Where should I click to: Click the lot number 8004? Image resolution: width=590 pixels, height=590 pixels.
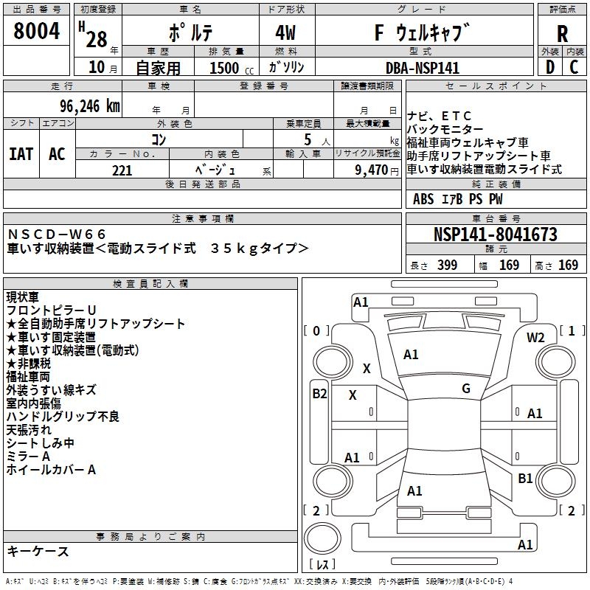pos(37,31)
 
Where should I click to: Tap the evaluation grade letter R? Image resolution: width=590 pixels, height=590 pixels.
pos(562,33)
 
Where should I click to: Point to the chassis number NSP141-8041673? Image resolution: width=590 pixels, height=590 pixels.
pos(495,235)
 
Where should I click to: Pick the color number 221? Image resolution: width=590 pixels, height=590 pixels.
pos(122,170)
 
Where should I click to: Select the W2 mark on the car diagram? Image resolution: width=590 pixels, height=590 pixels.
pos(535,338)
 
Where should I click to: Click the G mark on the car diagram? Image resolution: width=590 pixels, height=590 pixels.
pos(466,388)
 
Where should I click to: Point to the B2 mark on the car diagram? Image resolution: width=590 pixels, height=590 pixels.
pos(319,394)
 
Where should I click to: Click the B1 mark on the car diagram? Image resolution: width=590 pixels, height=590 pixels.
pos(525,479)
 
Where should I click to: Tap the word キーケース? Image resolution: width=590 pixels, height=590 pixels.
pos(38,552)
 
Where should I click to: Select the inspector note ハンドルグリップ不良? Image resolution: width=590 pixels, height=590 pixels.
pos(63,417)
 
